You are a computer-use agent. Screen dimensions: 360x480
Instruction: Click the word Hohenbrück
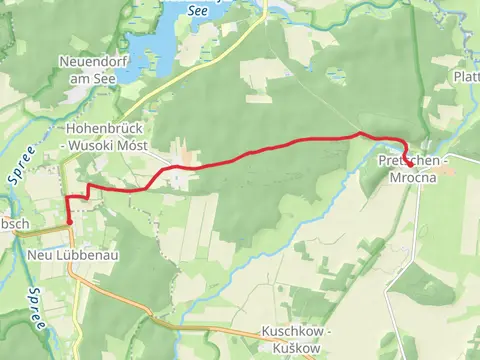tap(99, 130)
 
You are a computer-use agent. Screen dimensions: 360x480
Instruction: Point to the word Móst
tap(132, 146)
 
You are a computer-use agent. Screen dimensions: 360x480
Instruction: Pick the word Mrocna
tap(412, 176)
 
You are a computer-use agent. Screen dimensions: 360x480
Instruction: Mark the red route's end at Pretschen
tap(407, 157)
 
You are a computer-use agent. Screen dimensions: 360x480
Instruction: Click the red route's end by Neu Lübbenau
tap(68, 223)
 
